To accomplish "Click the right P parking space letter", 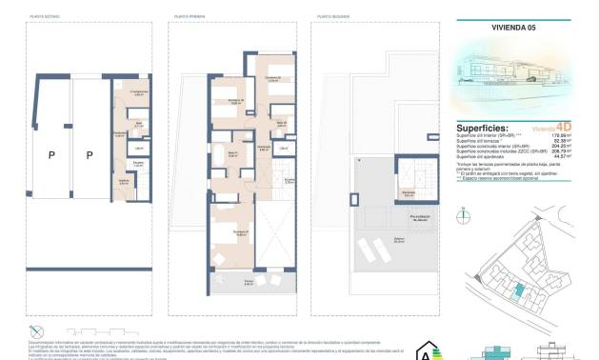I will (90, 154).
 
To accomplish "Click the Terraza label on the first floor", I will (249, 282).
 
